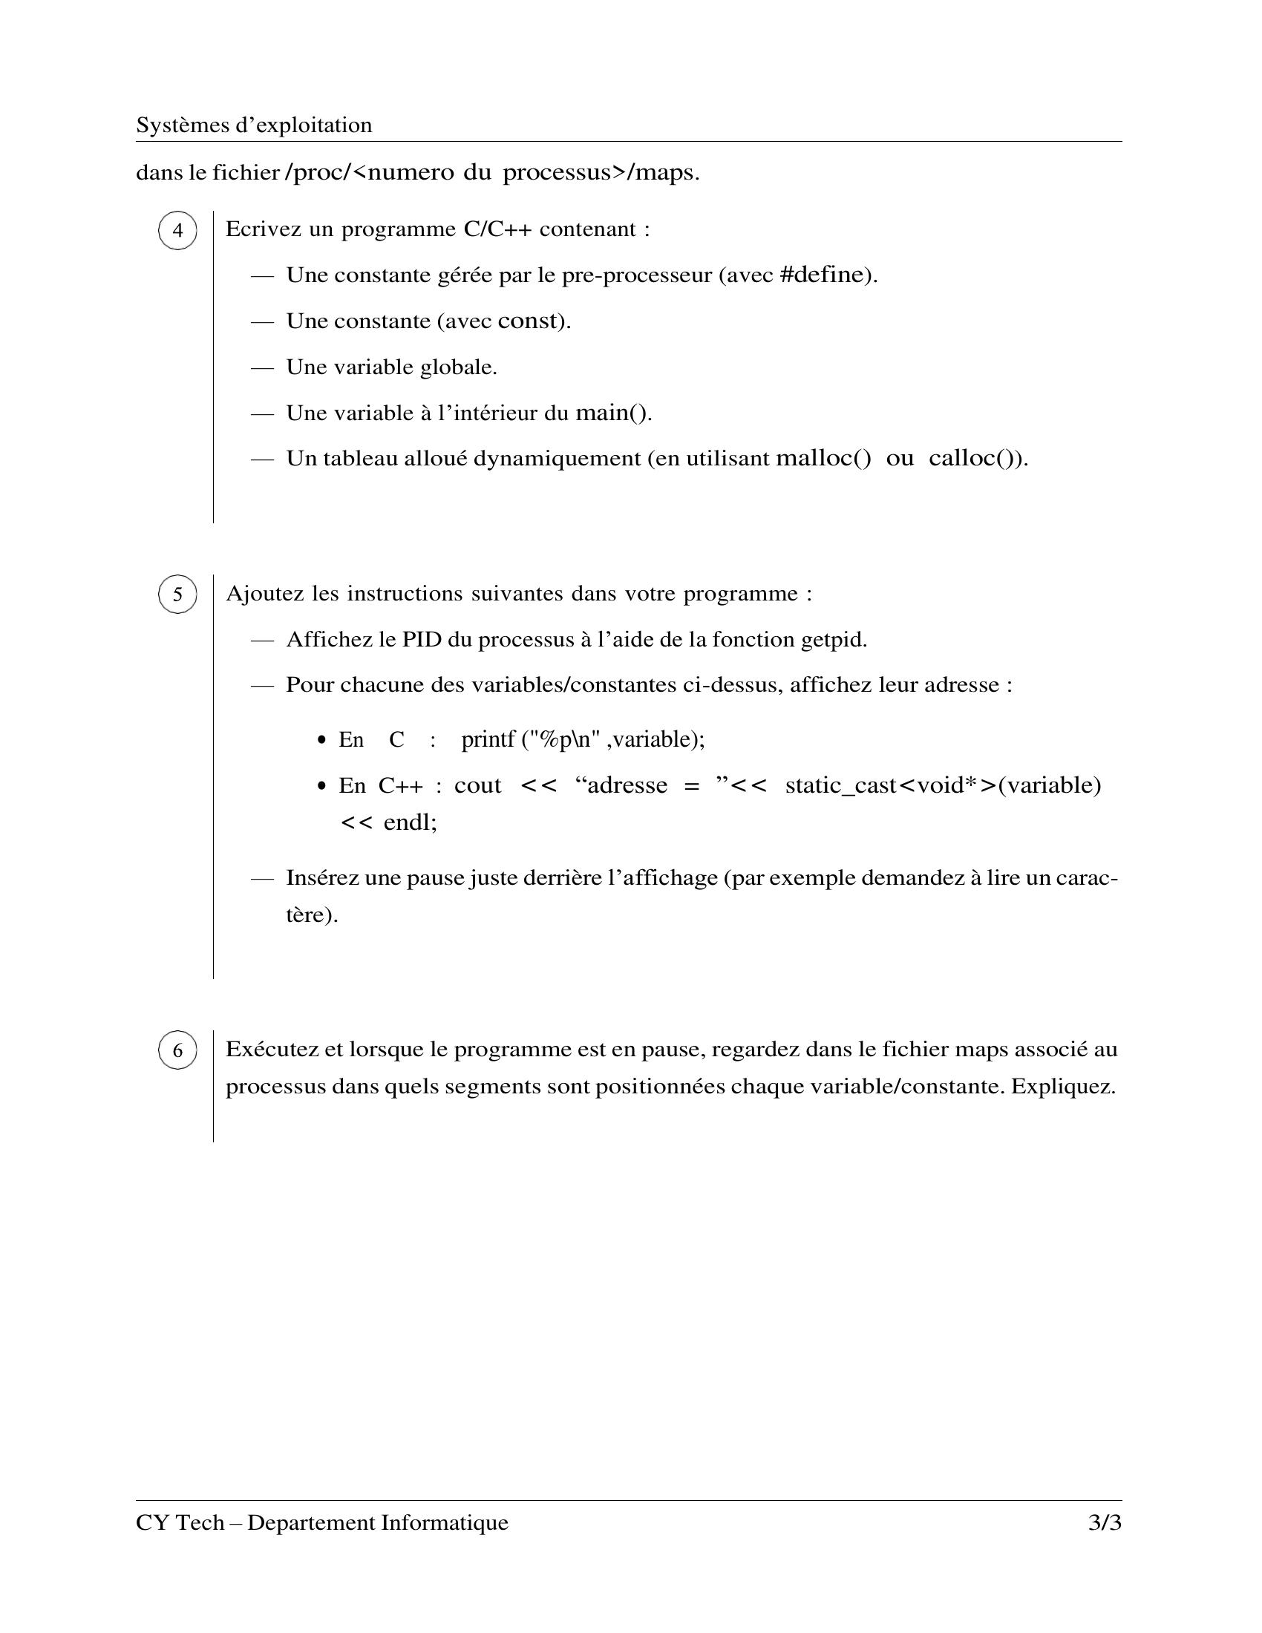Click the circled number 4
coord(177,230)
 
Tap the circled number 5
coord(177,595)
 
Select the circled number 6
coord(177,1050)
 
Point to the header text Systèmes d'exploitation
coord(253,125)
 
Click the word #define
coord(821,275)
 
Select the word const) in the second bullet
coord(533,321)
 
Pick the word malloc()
coord(824,458)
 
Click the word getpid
coord(833,640)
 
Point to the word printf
coord(488,739)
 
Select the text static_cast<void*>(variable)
coord(943,785)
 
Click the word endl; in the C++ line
coord(410,822)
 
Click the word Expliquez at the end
coord(1062,1087)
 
